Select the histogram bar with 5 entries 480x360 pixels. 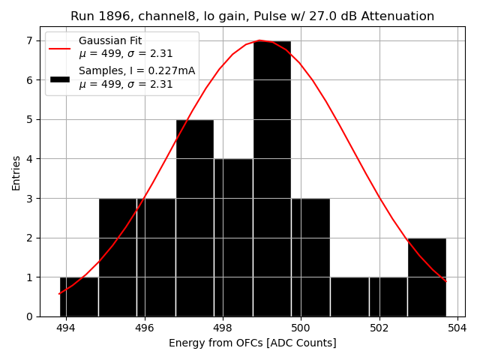click(195, 217)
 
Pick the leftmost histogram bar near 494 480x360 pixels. click(79, 296)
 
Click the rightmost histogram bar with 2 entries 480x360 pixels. click(427, 277)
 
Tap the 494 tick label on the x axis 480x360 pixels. click(66, 328)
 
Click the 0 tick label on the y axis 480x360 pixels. click(29, 316)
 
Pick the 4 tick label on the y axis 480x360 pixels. click(29, 159)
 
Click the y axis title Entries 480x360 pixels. click(16, 172)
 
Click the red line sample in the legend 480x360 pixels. click(60, 47)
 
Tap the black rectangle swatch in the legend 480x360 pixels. click(60, 78)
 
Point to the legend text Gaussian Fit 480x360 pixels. click(110, 40)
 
